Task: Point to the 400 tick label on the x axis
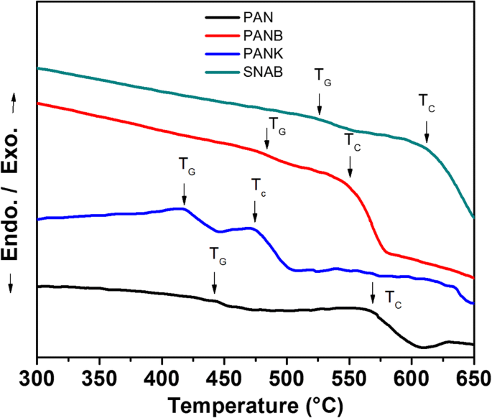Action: (162, 377)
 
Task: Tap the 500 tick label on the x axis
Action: (287, 377)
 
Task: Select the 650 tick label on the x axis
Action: (473, 377)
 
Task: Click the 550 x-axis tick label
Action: (349, 377)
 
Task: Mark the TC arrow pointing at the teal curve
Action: (427, 131)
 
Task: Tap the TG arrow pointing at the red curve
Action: (267, 139)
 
